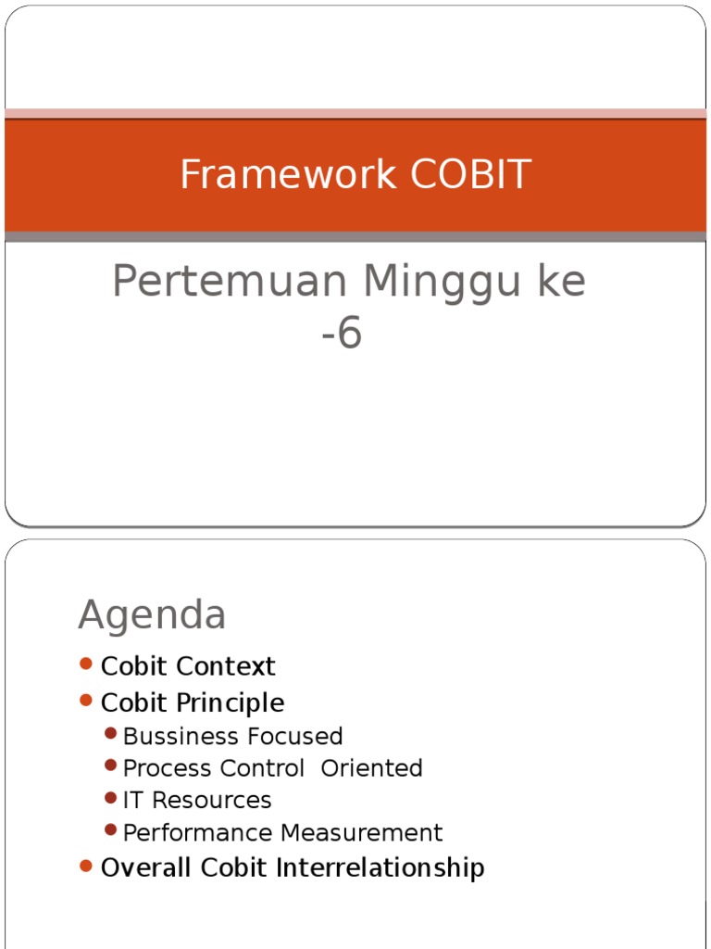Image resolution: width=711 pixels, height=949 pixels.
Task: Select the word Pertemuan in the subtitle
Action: coord(231,282)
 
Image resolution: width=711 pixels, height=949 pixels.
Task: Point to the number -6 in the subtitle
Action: coord(342,334)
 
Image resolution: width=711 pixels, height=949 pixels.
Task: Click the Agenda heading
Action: coord(152,614)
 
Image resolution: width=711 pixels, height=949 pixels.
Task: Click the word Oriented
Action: coord(371,768)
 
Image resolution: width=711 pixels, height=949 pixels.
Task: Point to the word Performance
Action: coord(199,833)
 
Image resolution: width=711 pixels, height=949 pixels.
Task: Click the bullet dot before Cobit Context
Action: coord(86,664)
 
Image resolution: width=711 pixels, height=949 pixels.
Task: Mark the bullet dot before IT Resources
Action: coord(111,798)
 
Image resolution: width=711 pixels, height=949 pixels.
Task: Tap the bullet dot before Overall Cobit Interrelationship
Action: coord(86,866)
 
